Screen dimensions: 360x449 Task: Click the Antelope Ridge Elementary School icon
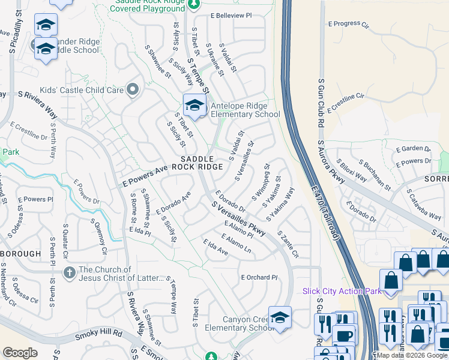click(194, 106)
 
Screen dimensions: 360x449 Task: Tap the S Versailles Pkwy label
click(238, 218)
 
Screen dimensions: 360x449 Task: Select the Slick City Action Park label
click(342, 291)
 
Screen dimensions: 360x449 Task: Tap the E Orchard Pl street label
click(260, 277)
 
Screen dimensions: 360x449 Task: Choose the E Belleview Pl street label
click(231, 15)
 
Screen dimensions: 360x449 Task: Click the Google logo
click(20, 353)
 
